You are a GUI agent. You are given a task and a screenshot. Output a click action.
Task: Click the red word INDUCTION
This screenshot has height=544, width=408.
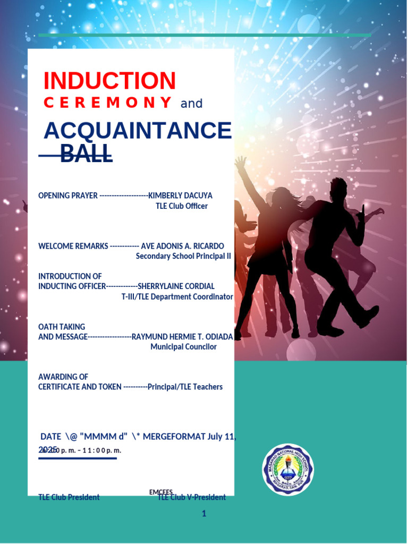click(x=109, y=81)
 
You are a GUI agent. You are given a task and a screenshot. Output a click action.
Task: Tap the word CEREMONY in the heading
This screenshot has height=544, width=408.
click(x=108, y=103)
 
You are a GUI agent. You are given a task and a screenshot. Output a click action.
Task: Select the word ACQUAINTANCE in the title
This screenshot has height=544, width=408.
click(x=138, y=131)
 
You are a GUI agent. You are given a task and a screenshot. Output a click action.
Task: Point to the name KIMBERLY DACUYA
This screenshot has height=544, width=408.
click(x=180, y=195)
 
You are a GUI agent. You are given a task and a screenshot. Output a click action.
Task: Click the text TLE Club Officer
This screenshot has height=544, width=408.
click(x=181, y=206)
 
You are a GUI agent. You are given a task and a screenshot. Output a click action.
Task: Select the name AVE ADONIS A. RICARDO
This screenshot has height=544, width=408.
click(x=182, y=246)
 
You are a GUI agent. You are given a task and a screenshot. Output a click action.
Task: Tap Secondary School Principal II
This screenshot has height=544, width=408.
click(x=183, y=256)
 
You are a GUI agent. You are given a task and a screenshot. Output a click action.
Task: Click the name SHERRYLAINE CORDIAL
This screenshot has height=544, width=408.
click(x=176, y=286)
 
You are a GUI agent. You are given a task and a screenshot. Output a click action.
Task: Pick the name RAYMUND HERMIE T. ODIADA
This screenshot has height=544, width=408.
click(x=182, y=337)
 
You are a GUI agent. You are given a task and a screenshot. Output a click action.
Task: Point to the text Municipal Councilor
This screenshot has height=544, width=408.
click(x=183, y=347)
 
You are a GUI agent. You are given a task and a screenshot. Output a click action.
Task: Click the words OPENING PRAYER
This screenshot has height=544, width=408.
click(x=68, y=195)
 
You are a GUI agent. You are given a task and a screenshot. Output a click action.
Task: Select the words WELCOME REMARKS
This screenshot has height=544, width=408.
click(x=73, y=246)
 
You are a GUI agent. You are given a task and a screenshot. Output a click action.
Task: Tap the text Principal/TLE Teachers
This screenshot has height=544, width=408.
click(x=185, y=387)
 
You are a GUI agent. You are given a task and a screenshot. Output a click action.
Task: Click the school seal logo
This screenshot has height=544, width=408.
click(x=288, y=469)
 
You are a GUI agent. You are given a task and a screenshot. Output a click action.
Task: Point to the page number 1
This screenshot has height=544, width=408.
click(x=203, y=513)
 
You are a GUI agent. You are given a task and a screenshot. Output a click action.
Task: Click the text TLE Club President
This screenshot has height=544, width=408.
click(x=69, y=498)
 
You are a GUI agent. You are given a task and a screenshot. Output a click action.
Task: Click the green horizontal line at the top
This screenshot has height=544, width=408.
click(x=205, y=35)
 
